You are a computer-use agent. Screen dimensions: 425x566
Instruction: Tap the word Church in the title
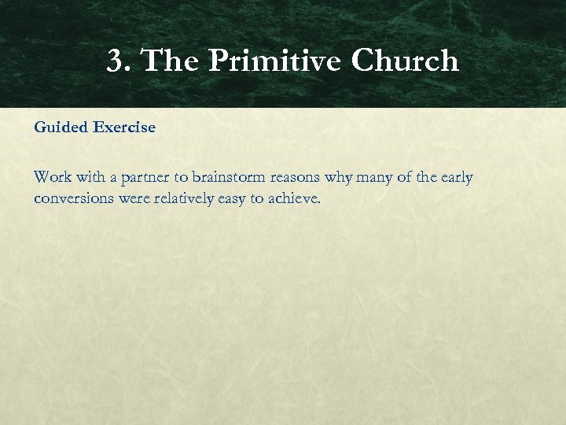pyautogui.click(x=405, y=61)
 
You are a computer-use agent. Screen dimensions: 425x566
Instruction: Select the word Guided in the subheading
pyautogui.click(x=61, y=128)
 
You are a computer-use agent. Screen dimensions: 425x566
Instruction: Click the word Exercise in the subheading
pyautogui.click(x=125, y=128)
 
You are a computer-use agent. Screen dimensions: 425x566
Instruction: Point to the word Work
pyautogui.click(x=53, y=178)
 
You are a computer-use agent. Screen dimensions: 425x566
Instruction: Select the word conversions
pyautogui.click(x=75, y=199)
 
